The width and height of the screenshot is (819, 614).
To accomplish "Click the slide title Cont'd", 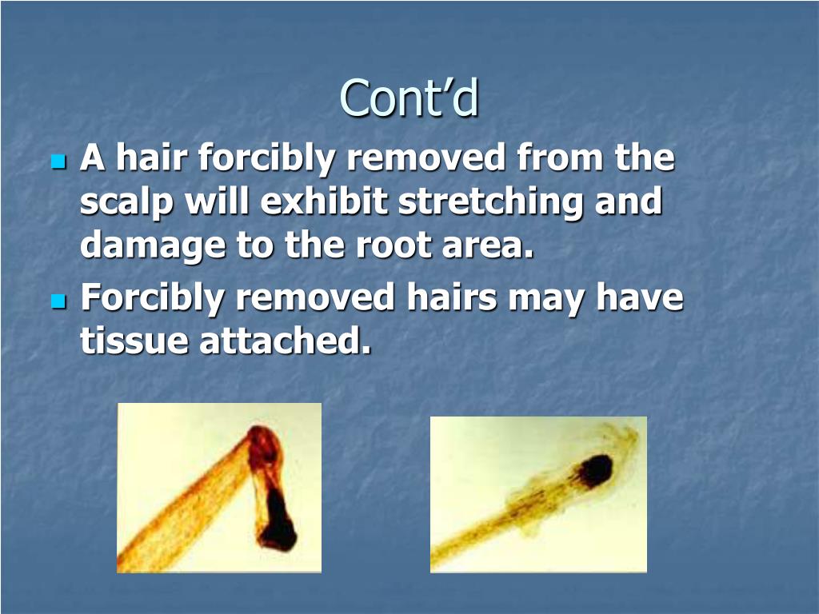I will click(x=409, y=98).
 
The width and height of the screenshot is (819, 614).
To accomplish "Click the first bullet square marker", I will click(x=57, y=162).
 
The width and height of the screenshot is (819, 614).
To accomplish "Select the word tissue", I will click(x=133, y=341).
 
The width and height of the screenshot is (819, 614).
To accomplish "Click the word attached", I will click(x=286, y=341).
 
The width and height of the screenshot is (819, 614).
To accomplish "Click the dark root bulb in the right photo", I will click(x=595, y=471).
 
